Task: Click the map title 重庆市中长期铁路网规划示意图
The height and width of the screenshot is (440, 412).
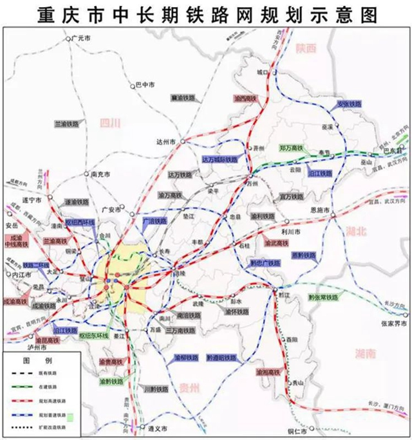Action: pos(205,14)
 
